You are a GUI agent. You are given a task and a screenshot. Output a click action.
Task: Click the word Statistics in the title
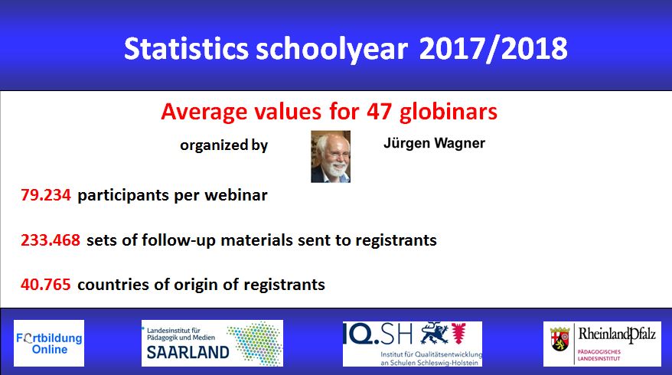click(x=186, y=48)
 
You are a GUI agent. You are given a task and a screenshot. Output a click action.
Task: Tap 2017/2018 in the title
click(x=494, y=48)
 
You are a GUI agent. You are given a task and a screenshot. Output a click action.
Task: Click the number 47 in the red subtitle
click(x=379, y=112)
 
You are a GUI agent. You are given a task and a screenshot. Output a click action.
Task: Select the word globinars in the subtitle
click(x=449, y=112)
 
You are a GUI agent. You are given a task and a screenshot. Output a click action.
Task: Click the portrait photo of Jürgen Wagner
click(x=331, y=156)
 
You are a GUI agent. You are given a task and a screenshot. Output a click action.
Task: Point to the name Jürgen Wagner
click(x=434, y=143)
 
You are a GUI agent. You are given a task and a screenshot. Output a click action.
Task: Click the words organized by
click(x=223, y=145)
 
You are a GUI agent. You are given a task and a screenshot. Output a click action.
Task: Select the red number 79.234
click(x=46, y=195)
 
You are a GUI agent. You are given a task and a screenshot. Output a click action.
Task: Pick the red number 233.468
click(x=51, y=240)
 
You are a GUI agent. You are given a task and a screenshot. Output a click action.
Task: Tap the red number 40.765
click(x=46, y=285)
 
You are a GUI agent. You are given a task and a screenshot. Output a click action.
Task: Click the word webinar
click(x=237, y=195)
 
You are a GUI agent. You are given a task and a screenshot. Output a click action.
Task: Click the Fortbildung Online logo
click(x=49, y=343)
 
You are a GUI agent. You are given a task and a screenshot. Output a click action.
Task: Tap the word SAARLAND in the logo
click(x=188, y=352)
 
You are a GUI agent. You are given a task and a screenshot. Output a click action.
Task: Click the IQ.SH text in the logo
click(x=377, y=334)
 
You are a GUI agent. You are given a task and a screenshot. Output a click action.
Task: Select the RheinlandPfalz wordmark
click(x=617, y=334)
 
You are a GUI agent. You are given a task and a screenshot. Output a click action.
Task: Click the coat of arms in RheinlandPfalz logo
click(x=559, y=339)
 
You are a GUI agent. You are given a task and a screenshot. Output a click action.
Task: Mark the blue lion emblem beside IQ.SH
click(x=434, y=333)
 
